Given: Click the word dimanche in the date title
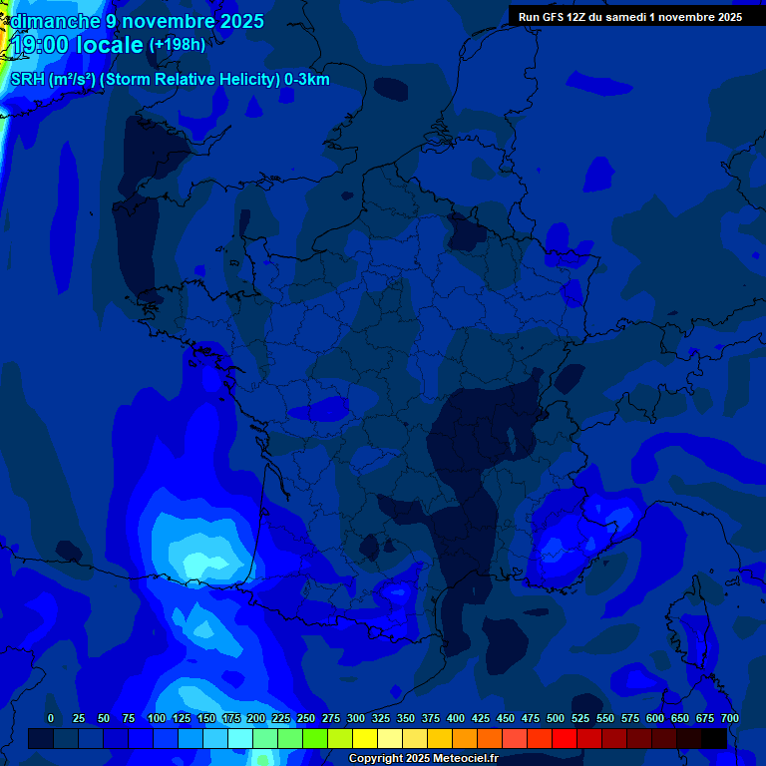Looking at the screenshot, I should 55,21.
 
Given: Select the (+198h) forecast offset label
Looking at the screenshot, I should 177,45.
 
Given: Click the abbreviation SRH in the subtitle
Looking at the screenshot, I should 27,80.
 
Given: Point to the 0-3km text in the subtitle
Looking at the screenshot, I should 307,80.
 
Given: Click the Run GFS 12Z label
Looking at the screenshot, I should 554,17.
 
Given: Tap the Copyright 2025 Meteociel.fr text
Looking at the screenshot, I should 423,759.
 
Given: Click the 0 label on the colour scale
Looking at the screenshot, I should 51,718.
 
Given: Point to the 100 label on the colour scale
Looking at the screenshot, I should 157,718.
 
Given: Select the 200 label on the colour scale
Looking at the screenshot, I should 256,718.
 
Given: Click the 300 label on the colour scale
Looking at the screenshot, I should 356,718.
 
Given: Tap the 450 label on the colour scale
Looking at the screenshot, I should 506,718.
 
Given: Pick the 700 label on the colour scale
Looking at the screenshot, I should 730,718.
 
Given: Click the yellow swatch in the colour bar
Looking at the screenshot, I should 365,738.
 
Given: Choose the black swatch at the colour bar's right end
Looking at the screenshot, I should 714,738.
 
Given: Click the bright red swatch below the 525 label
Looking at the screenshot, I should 565,738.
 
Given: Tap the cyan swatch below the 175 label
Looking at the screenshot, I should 240,738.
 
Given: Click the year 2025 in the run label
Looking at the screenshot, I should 725,17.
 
